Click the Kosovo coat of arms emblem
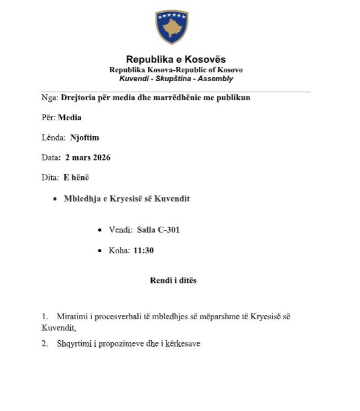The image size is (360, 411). tap(172, 27)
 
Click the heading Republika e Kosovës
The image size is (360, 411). tap(176, 59)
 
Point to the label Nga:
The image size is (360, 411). tap(50, 98)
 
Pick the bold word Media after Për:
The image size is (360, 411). tap(69, 118)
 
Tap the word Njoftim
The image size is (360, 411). tap(85, 138)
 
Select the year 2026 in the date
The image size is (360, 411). tap(100, 157)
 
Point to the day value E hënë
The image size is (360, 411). tap(76, 178)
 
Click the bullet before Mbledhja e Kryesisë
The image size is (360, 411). tap(55, 199)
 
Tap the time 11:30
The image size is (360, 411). tap(144, 251)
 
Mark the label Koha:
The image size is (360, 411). tap(119, 251)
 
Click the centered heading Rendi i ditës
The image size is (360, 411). tap(173, 280)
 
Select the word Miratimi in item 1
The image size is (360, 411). tap(69, 317)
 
